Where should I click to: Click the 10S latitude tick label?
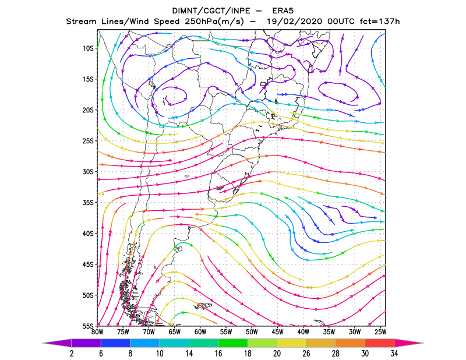[x=88, y=48]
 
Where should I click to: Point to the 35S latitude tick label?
[x=88, y=203]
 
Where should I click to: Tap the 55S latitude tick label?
[x=88, y=326]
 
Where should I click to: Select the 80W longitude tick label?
[x=97, y=332]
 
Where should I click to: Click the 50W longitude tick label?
[x=252, y=332]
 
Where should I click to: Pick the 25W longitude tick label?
[x=380, y=332]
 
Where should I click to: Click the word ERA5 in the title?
[x=283, y=11]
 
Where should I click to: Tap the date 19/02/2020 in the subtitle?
[x=294, y=22]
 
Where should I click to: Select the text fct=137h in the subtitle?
[x=380, y=22]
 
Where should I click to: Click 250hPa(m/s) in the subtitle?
[x=214, y=22]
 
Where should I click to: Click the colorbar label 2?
[x=72, y=354]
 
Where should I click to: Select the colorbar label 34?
[x=394, y=354]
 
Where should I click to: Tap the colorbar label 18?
[x=248, y=354]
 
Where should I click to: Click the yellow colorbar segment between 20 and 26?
[x=291, y=343]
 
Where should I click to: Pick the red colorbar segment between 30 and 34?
[x=380, y=343]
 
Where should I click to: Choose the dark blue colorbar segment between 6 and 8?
[x=115, y=343]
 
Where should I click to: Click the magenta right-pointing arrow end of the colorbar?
[x=407, y=343]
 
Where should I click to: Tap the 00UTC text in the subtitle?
[x=341, y=22]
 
